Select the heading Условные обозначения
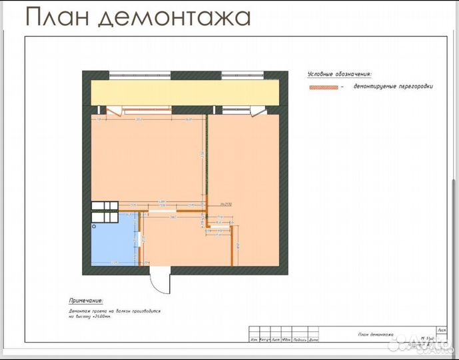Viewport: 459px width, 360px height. (x=340, y=75)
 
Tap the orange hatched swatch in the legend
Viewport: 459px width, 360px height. (x=324, y=87)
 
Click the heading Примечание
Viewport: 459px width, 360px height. (x=90, y=301)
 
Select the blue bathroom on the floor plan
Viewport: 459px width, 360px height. (x=114, y=243)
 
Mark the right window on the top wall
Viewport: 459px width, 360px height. (x=243, y=73)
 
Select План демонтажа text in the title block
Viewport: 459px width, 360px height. (x=376, y=333)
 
